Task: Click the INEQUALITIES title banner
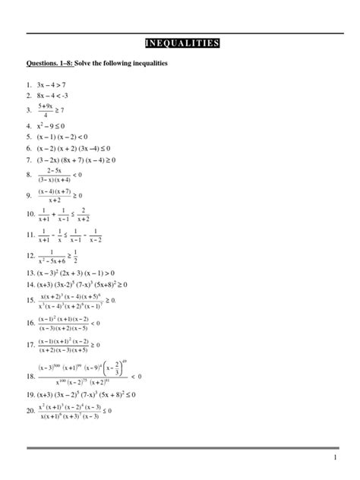pos(182,43)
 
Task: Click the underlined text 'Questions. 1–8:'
pos(49,63)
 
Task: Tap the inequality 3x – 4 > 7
pos(52,84)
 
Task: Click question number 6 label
pos(30,149)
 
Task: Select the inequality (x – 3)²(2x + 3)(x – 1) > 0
pos(76,272)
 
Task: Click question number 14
pos(31,283)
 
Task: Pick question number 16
pos(31,323)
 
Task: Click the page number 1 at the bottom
pos(334,460)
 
